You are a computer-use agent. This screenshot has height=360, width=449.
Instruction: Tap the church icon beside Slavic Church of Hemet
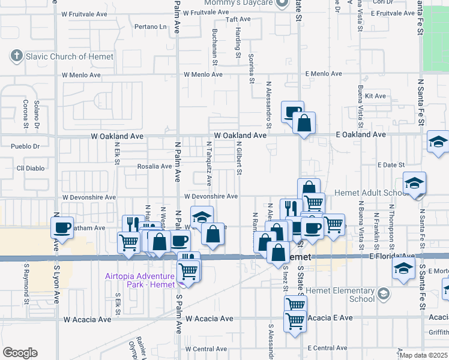point(16,56)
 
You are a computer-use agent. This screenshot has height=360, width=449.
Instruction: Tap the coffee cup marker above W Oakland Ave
point(292,112)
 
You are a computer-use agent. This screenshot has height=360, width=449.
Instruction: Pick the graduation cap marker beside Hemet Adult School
point(415,183)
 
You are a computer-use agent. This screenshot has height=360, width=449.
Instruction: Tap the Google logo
point(20,352)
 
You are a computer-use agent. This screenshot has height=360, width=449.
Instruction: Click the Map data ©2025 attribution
point(424,355)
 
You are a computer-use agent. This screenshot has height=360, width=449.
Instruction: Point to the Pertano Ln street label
point(150,26)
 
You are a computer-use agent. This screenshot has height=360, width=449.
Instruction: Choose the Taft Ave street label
point(238,19)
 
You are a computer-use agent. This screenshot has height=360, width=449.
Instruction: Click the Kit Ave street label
point(379,95)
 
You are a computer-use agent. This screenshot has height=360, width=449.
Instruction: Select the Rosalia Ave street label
point(155,166)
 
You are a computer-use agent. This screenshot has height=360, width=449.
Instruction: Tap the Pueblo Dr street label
point(25,146)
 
